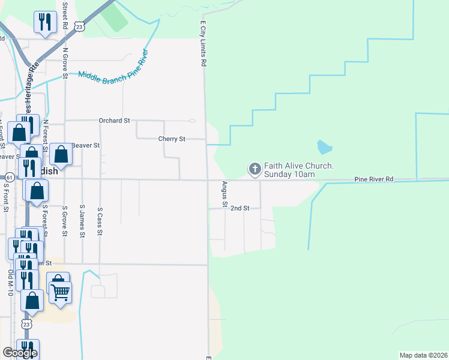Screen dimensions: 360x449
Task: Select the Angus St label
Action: (224, 195)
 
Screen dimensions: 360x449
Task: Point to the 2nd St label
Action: (240, 208)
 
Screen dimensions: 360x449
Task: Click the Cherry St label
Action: (172, 139)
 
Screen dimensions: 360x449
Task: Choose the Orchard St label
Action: (114, 121)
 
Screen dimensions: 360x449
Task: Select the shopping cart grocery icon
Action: (59, 293)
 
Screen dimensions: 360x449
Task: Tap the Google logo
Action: (20, 352)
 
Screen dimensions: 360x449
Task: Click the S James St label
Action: (82, 220)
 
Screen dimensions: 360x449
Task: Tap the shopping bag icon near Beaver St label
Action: (61, 155)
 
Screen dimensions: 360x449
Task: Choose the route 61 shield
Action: (9, 178)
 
